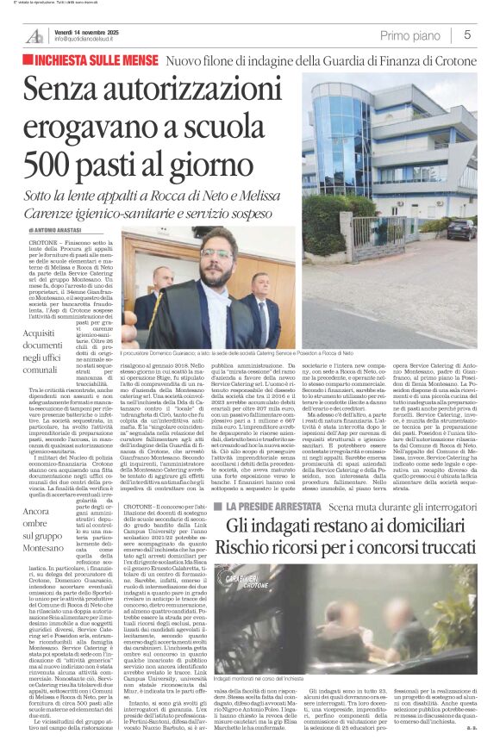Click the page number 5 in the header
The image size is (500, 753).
(466, 35)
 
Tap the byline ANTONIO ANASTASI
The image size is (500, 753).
(61, 231)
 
